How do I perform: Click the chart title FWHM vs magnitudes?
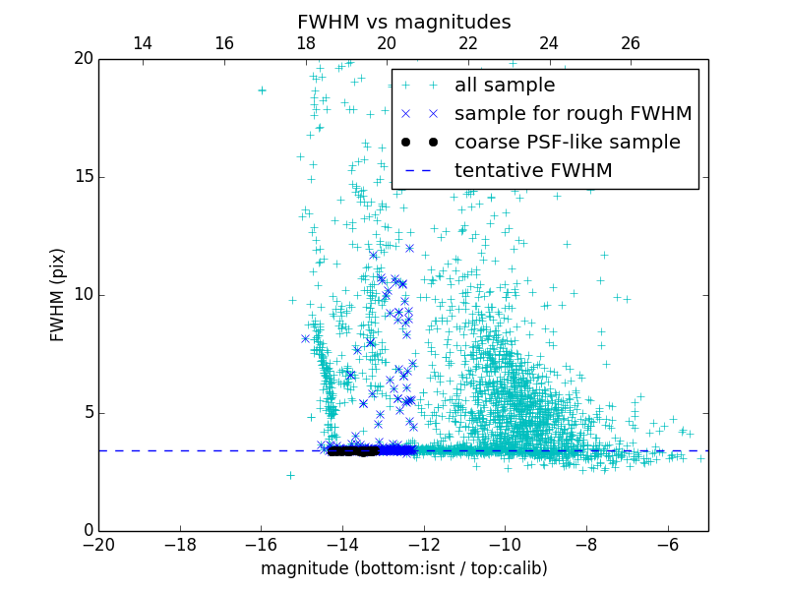tap(403, 22)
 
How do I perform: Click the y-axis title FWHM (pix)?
tap(58, 294)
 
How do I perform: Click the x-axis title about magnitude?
tap(403, 568)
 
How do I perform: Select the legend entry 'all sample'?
tap(505, 86)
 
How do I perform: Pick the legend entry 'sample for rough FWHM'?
tap(573, 114)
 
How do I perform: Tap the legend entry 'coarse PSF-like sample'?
tap(567, 143)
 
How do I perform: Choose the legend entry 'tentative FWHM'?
tap(533, 171)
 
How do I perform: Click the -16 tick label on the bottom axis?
tap(261, 544)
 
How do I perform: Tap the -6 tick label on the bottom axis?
tap(667, 544)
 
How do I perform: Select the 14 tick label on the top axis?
tap(142, 43)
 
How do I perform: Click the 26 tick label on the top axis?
tap(631, 43)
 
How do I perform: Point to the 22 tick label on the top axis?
tap(468, 43)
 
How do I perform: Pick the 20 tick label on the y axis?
tap(82, 59)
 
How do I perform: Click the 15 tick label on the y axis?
tap(82, 177)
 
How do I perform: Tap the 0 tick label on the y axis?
tap(87, 531)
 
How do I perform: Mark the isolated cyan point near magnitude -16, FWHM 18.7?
tap(262, 89)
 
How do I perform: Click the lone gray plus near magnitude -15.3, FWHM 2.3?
tap(290, 475)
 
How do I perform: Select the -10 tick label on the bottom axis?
tap(505, 544)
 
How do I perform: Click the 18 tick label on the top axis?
tap(305, 43)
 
